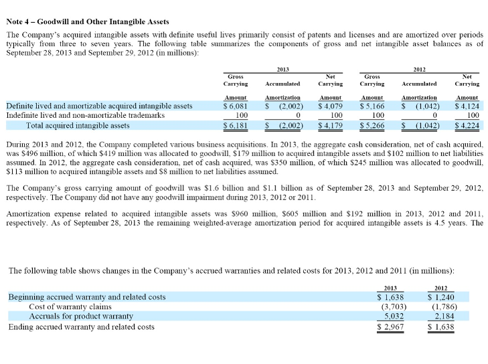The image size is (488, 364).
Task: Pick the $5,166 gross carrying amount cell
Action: (x=372, y=106)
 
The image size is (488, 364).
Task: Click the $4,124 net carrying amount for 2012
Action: (x=467, y=106)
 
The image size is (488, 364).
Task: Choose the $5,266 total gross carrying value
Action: (x=372, y=125)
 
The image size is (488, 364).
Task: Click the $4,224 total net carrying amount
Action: (x=467, y=125)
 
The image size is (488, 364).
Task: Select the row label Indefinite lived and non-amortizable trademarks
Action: (x=85, y=115)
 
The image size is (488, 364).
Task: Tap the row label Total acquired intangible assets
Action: (x=78, y=125)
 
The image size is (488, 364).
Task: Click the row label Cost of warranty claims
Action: (x=70, y=306)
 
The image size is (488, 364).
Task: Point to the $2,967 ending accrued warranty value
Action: (x=393, y=327)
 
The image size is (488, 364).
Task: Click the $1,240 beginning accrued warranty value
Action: (x=442, y=296)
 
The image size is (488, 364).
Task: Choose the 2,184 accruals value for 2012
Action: (x=444, y=316)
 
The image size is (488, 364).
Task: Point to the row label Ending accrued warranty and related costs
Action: (x=81, y=327)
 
